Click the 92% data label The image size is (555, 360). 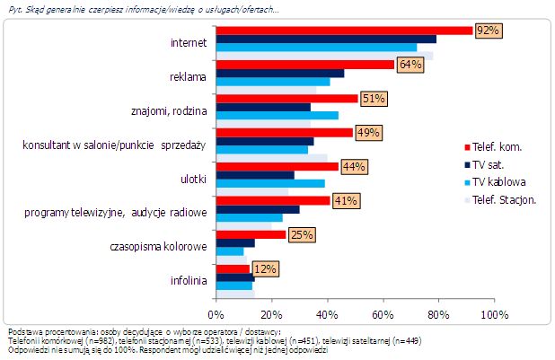pyautogui.click(x=488, y=31)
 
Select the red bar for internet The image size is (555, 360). pyautogui.click(x=344, y=31)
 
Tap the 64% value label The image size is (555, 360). pyautogui.click(x=410, y=65)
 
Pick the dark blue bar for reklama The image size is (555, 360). pyautogui.click(x=280, y=73)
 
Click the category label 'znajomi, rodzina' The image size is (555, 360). pyautogui.click(x=170, y=110)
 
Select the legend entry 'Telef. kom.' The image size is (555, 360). pyautogui.click(x=499, y=146)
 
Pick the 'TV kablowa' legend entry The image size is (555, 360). pyautogui.click(x=500, y=182)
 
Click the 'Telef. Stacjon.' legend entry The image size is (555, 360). pyautogui.click(x=504, y=199)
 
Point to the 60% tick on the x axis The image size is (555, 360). pyautogui.click(x=383, y=315)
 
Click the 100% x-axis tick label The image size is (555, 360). pyautogui.click(x=494, y=315)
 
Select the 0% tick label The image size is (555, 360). pyautogui.click(x=216, y=315)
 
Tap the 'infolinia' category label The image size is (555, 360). pyautogui.click(x=188, y=281)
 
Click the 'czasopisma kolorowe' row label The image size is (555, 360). pyautogui.click(x=158, y=247)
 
